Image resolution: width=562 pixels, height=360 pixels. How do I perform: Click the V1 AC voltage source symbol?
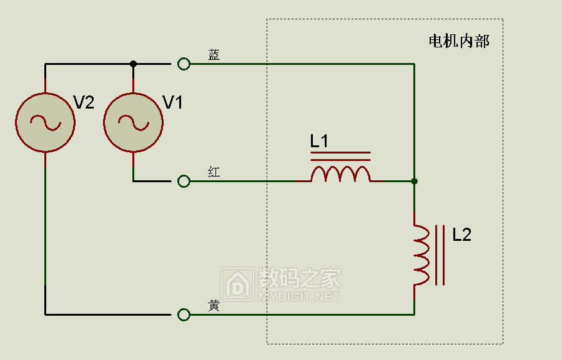pos(134,122)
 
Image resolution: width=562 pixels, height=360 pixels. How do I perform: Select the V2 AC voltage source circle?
pos(45,122)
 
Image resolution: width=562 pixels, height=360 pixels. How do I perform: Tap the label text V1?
pos(173,102)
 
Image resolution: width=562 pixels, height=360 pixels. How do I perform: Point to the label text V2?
pos(84,102)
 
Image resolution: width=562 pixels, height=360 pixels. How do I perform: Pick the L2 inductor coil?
pos(421,255)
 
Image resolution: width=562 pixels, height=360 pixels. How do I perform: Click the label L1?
pos(319,141)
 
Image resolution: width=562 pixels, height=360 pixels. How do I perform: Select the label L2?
pos(461,235)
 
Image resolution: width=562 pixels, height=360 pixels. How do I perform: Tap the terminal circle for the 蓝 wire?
pos(184,64)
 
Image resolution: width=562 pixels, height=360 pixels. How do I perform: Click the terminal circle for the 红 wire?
pos(184,182)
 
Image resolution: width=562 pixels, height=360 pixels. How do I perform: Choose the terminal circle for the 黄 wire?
pos(184,315)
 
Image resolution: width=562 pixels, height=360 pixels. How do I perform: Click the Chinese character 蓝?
pos(214,55)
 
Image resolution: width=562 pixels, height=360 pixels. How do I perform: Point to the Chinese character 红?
pos(214,172)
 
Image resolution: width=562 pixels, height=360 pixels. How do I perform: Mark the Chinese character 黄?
pos(214,306)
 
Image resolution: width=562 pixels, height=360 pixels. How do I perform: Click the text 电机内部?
pos(459,41)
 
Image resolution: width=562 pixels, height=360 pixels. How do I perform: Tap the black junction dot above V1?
pos(134,64)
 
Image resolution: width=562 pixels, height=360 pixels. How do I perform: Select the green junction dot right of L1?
pos(415,182)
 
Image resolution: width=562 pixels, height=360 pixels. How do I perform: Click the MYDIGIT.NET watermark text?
pos(298,297)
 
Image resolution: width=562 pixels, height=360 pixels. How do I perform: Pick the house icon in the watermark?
pos(238,284)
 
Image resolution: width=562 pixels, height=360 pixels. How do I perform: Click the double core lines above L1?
pos(340,156)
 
